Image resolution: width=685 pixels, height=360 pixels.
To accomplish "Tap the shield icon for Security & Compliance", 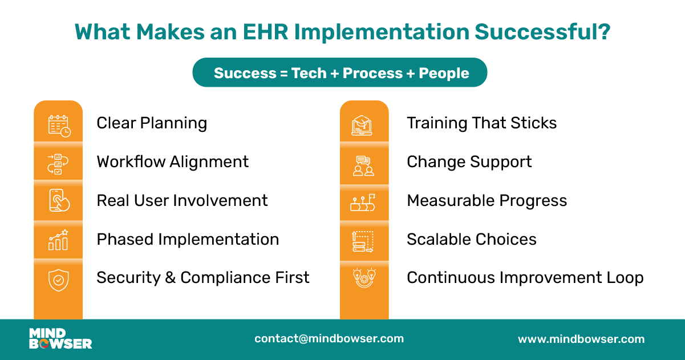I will click(x=58, y=280).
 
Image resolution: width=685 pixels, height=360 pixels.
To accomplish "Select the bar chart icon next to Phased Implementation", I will click(x=58, y=240).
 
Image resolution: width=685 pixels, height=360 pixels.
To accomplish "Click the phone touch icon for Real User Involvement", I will click(x=59, y=200).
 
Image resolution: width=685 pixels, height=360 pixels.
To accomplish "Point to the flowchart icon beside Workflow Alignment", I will click(x=58, y=163).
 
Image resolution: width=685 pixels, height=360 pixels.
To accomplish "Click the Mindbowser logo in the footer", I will click(x=60, y=338).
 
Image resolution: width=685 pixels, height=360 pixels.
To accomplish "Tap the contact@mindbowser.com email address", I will click(x=329, y=338).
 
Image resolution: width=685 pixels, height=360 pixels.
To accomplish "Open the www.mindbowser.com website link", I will click(x=581, y=339).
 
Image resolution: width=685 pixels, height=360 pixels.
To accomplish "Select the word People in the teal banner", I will click(x=444, y=73).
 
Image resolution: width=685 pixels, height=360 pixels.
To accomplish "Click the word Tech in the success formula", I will click(x=309, y=73).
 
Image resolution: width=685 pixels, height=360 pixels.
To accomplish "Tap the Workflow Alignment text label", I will click(x=173, y=161).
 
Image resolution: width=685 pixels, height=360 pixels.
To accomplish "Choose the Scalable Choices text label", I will click(x=472, y=239).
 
